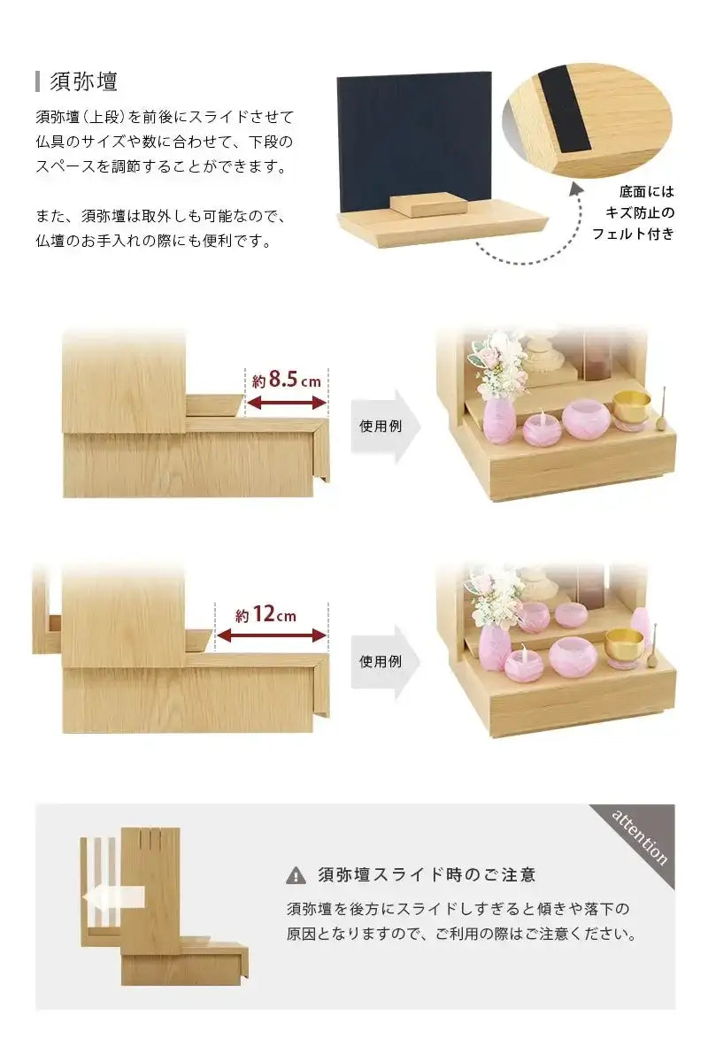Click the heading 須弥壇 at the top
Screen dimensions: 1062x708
85,82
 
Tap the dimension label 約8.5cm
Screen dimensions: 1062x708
286,381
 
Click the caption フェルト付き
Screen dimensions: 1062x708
633,235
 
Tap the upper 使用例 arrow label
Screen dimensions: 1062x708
380,426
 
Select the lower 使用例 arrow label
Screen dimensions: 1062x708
380,661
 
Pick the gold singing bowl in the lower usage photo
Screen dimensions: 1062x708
624,644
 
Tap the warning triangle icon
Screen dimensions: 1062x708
296,875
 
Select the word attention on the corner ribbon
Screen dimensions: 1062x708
640,836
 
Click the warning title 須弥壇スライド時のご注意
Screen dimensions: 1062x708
427,875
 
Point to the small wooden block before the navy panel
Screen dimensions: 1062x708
426,204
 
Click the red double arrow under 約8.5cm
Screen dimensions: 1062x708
286,404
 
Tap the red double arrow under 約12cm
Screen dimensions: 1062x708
271,635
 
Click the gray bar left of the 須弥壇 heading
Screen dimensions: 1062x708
38,82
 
